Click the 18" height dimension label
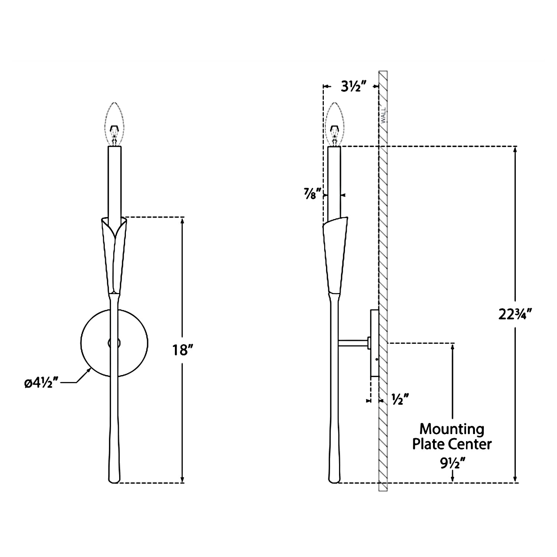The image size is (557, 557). pyautogui.click(x=181, y=350)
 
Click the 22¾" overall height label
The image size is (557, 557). pyautogui.click(x=516, y=315)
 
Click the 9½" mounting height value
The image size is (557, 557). pyautogui.click(x=453, y=463)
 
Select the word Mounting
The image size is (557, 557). pyautogui.click(x=452, y=429)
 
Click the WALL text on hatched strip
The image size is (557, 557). pyautogui.click(x=383, y=116)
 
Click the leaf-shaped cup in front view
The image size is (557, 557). pyautogui.click(x=114, y=253)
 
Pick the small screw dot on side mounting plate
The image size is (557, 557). pyautogui.click(x=377, y=359)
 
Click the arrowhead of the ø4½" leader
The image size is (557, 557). pyautogui.click(x=89, y=369)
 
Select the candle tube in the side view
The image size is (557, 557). pyautogui.click(x=335, y=182)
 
